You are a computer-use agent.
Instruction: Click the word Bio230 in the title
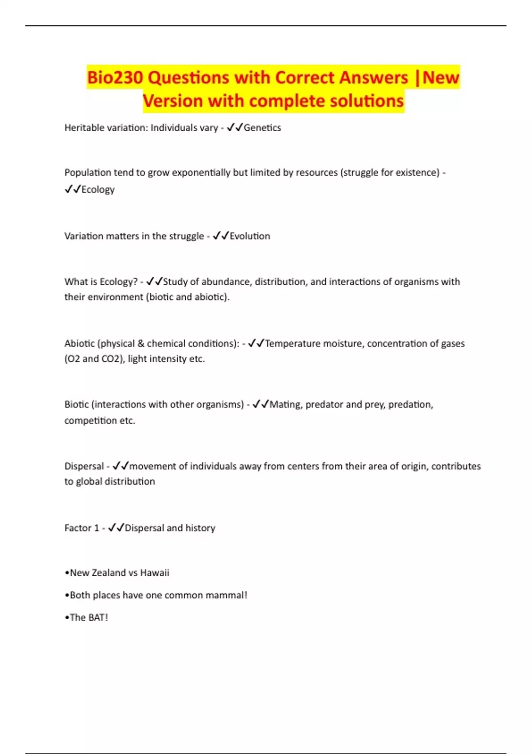coord(114,78)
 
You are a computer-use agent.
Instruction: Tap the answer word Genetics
coord(262,128)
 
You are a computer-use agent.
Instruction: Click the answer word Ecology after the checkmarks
coord(98,189)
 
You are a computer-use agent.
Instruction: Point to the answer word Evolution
coord(250,236)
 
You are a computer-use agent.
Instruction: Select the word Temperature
coord(292,343)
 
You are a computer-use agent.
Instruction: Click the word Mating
coord(286,404)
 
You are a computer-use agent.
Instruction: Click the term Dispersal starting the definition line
coord(84,466)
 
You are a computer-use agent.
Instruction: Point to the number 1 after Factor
coord(96,528)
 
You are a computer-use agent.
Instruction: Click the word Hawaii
coord(155,573)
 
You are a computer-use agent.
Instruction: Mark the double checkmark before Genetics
coord(235,128)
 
